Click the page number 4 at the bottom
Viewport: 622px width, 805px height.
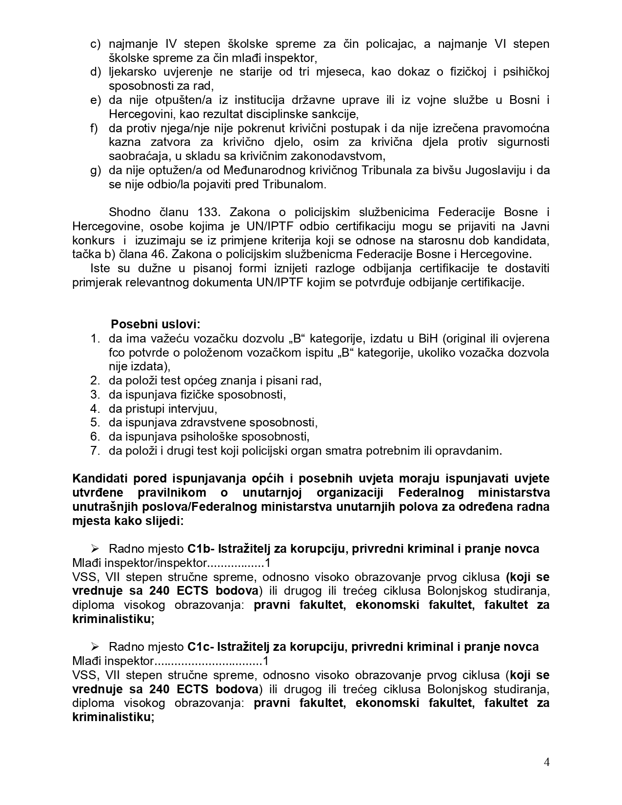(x=546, y=762)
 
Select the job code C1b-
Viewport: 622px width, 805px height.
(x=201, y=549)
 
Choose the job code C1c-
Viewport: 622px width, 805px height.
(x=201, y=647)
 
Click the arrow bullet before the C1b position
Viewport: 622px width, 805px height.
(x=95, y=549)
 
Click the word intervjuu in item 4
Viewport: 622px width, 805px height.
(x=193, y=409)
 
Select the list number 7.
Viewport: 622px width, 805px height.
(x=95, y=451)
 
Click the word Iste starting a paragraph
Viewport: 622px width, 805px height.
(x=100, y=269)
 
